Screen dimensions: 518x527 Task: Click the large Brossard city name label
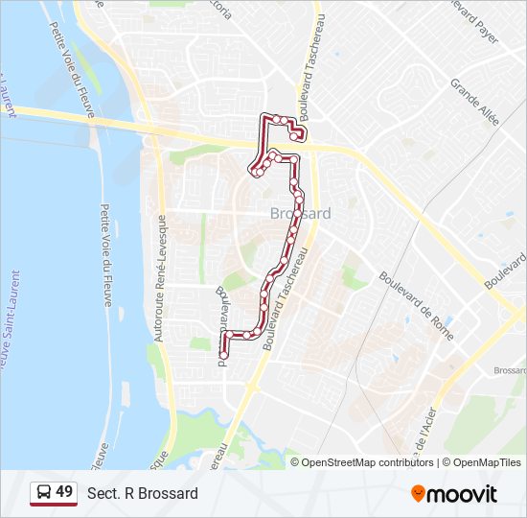click(300, 213)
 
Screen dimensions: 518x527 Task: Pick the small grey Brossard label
click(510, 370)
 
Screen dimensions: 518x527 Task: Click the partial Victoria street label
click(222, 10)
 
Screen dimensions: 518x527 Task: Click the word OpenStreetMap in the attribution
click(353, 462)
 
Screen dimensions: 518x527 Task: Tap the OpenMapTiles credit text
click(486, 462)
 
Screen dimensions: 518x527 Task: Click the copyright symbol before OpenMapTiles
click(446, 462)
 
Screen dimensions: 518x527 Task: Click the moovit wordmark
click(463, 493)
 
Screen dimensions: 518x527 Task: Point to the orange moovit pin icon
click(419, 493)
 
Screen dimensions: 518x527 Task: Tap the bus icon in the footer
click(44, 492)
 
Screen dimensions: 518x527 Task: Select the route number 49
click(64, 492)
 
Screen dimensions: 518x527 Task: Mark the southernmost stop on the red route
click(223, 355)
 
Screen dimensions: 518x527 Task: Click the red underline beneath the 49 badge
click(54, 505)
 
